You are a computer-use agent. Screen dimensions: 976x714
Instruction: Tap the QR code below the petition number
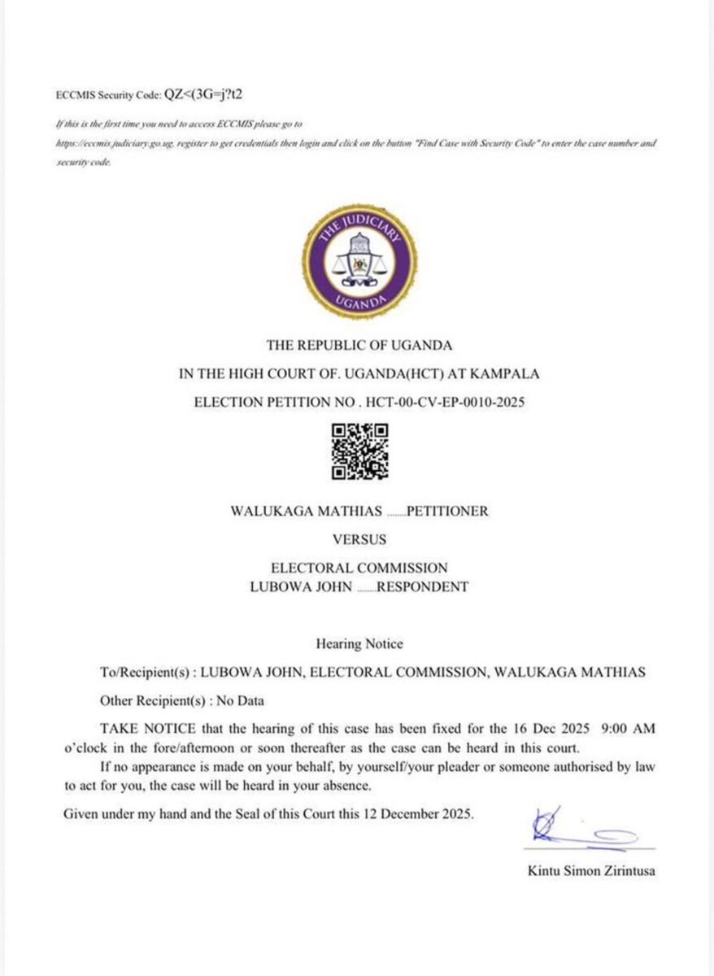pyautogui.click(x=359, y=451)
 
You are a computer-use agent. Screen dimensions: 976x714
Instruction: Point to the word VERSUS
pyautogui.click(x=359, y=539)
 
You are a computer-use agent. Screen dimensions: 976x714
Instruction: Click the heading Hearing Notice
pyautogui.click(x=359, y=644)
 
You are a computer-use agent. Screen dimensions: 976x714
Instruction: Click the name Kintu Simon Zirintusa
pyautogui.click(x=591, y=871)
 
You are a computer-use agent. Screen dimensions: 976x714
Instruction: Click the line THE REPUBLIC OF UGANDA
pyautogui.click(x=359, y=345)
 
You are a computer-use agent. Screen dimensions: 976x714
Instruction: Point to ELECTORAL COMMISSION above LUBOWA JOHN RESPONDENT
pyautogui.click(x=359, y=568)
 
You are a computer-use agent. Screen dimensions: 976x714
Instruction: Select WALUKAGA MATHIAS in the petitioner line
pyautogui.click(x=307, y=512)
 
